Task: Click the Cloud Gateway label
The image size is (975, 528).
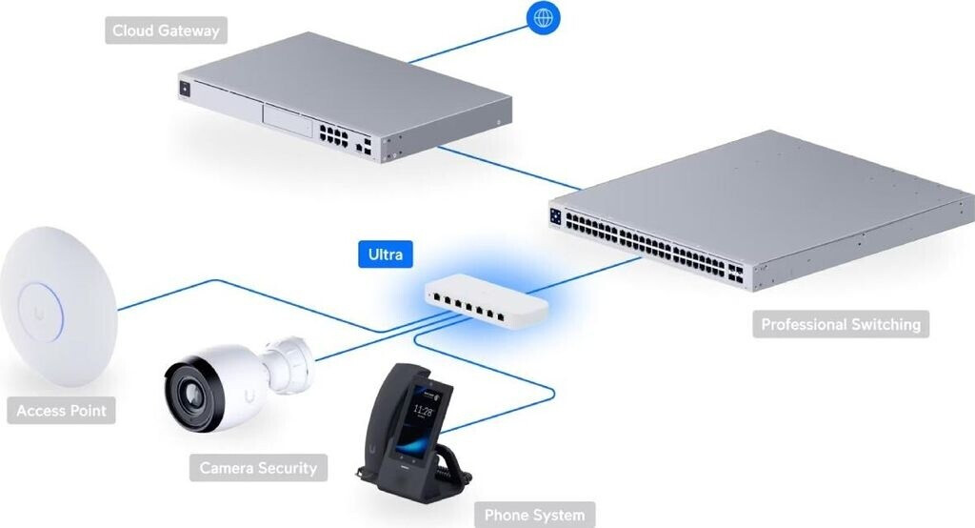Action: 166,30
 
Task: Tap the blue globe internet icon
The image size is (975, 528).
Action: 544,17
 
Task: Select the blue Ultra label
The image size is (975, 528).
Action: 386,254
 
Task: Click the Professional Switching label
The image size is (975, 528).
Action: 841,324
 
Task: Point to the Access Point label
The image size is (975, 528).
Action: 62,412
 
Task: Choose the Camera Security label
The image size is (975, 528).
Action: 257,468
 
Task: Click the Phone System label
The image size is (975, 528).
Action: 534,515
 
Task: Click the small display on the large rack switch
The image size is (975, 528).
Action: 556,214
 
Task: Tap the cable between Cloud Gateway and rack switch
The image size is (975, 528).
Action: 508,166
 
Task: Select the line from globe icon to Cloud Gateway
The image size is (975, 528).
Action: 467,40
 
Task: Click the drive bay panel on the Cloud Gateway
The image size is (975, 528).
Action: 288,121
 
